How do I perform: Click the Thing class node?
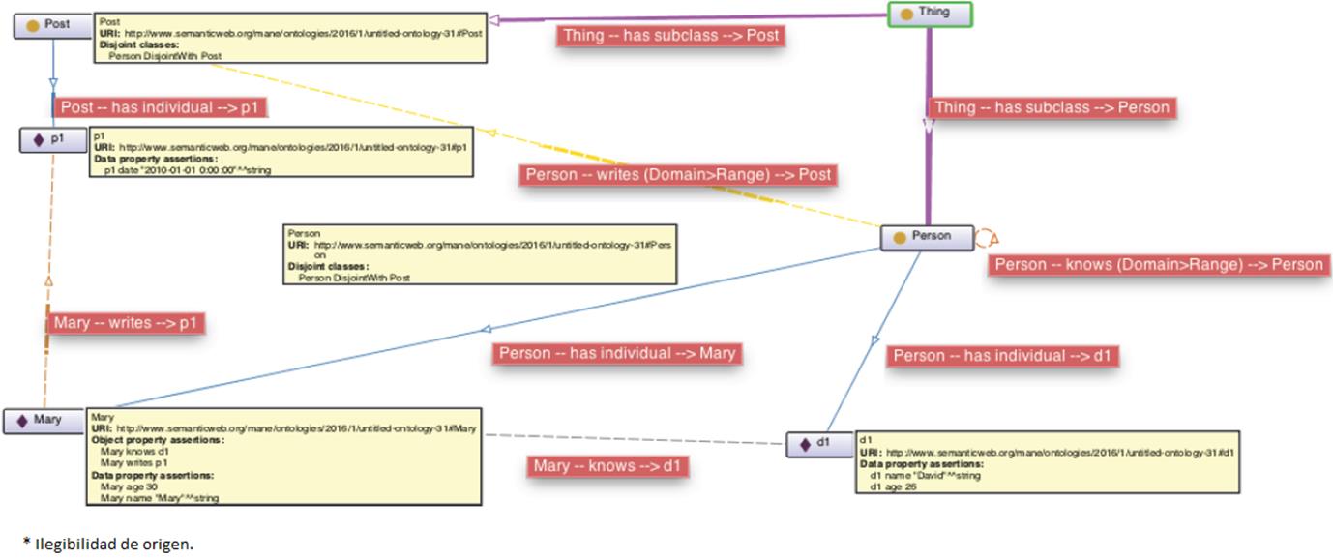(x=930, y=14)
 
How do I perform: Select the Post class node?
(x=52, y=25)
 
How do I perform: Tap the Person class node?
(x=926, y=237)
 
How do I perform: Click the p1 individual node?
(x=53, y=140)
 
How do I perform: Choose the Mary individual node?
(x=44, y=421)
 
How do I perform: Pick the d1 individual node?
(x=818, y=444)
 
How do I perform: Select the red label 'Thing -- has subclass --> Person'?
(x=1052, y=107)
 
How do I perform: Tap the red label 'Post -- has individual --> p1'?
(x=161, y=107)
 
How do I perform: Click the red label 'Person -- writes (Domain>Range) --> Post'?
(x=678, y=175)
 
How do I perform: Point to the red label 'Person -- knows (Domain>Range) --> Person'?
(x=1158, y=265)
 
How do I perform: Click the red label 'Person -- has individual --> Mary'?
(x=616, y=353)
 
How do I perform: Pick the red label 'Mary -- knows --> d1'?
(x=609, y=466)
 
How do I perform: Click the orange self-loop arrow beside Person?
(x=986, y=237)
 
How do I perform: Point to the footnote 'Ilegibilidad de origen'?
(x=112, y=545)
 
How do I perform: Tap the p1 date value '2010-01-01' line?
(x=184, y=169)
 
